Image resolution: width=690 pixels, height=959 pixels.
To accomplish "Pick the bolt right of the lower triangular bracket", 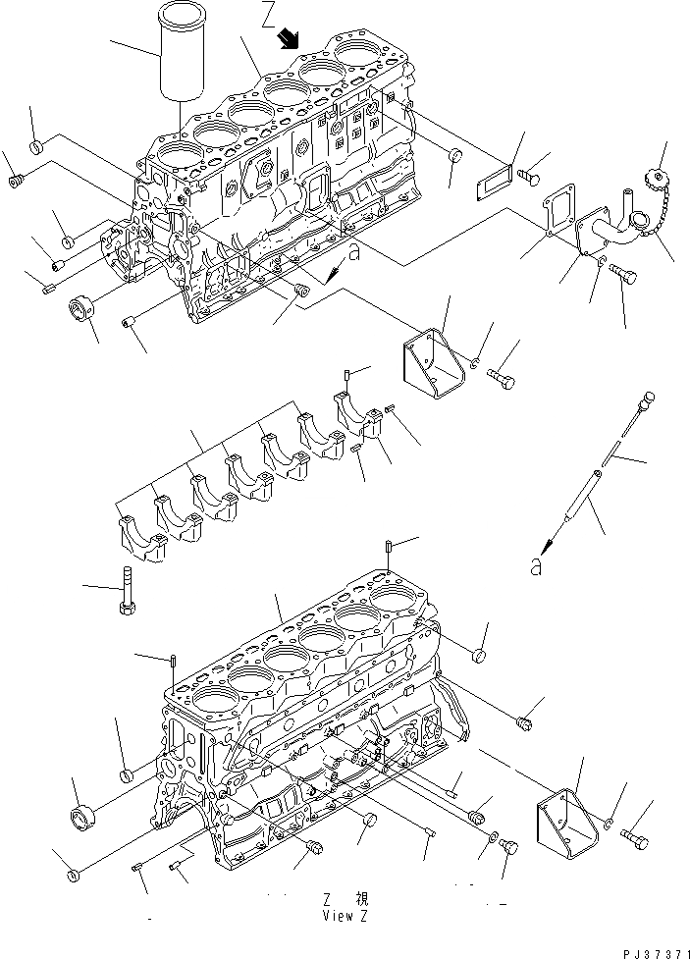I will tap(642, 839).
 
